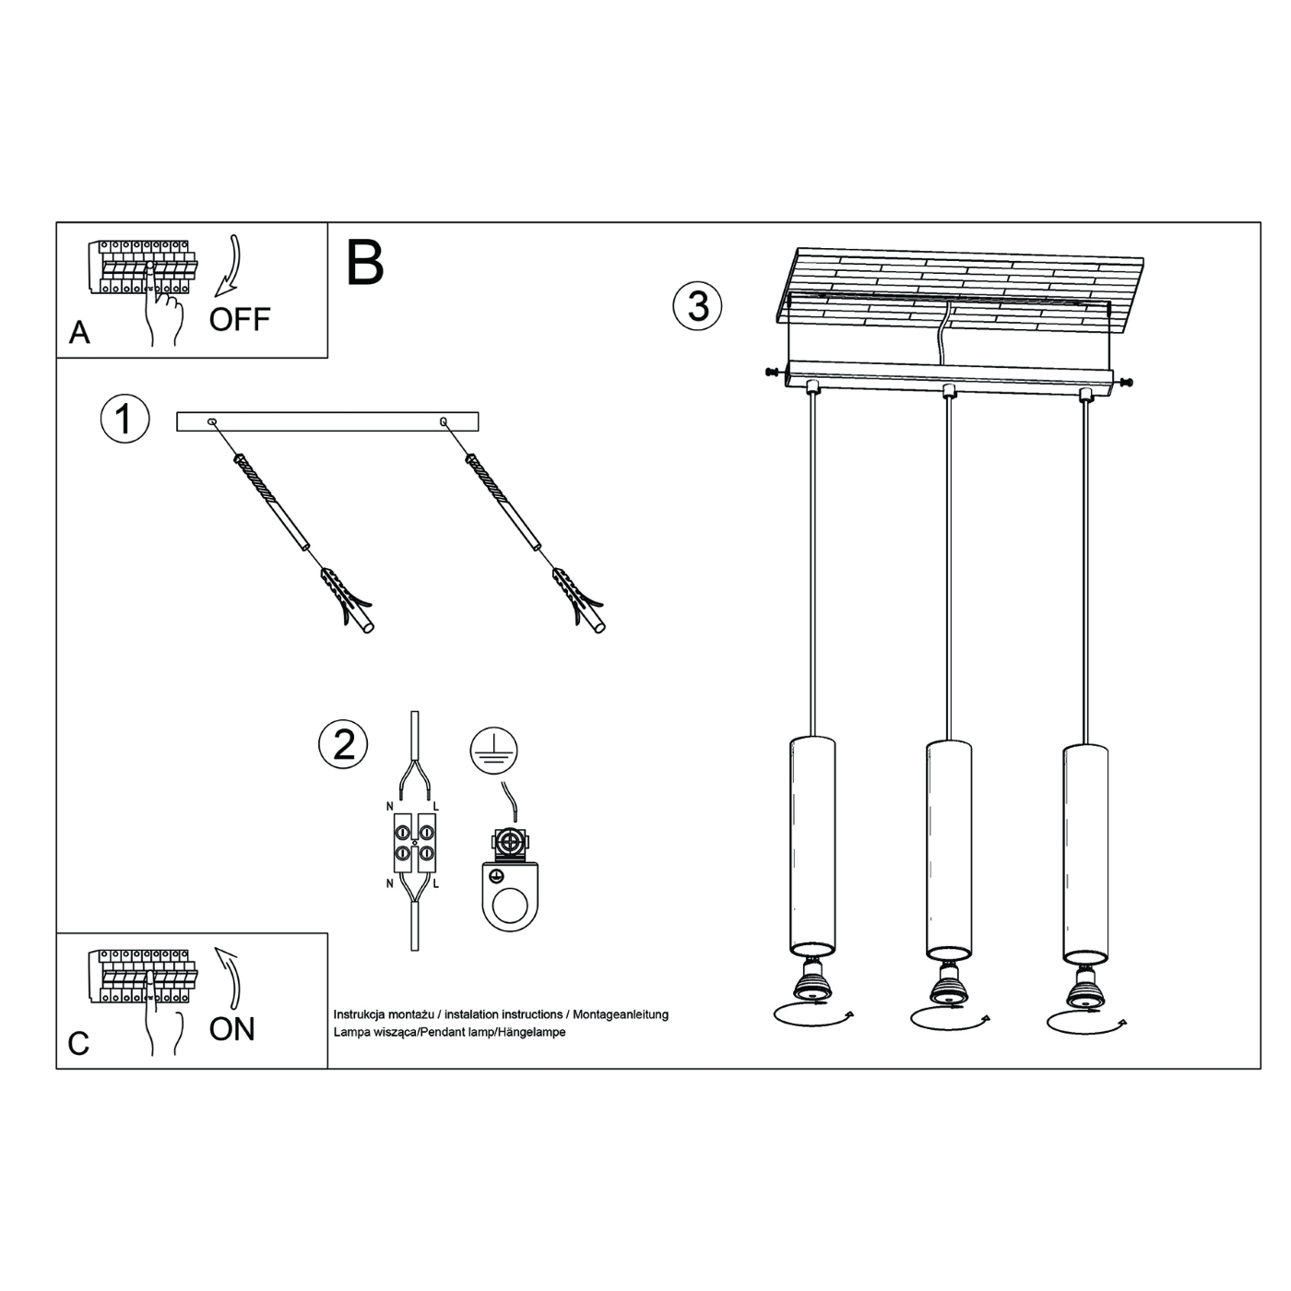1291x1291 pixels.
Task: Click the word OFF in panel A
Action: tap(239, 319)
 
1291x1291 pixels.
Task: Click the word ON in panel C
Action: tap(231, 1028)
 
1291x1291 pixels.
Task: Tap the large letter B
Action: tap(364, 263)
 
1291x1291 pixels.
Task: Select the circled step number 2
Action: tap(343, 743)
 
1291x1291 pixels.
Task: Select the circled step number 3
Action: tap(697, 306)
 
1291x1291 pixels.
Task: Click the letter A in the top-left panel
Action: tap(79, 332)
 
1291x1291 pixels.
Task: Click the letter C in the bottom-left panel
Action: tap(79, 1043)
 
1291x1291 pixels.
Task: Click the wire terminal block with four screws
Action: tap(415, 844)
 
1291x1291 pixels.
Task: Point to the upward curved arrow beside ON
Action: tap(231, 977)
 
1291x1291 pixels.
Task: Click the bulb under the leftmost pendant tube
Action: tap(812, 983)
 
